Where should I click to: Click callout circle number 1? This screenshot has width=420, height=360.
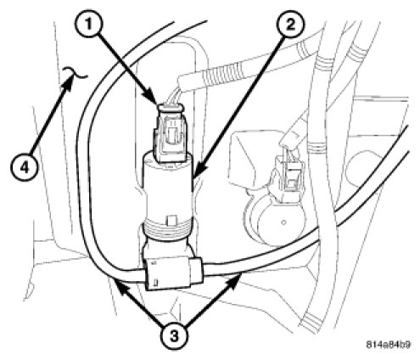pos(89,25)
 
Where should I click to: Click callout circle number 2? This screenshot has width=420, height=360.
pos(290,25)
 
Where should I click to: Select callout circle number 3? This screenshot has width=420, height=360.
pos(175,336)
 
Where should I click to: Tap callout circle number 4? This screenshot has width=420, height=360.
pos(25,168)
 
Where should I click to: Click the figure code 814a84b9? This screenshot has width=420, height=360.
pos(389,345)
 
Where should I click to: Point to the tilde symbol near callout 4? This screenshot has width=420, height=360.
pos(76,72)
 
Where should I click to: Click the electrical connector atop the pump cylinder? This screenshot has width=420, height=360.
pos(169,133)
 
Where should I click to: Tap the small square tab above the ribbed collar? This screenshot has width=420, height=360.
pos(171,221)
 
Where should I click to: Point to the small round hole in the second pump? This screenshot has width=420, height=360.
pos(283,222)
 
